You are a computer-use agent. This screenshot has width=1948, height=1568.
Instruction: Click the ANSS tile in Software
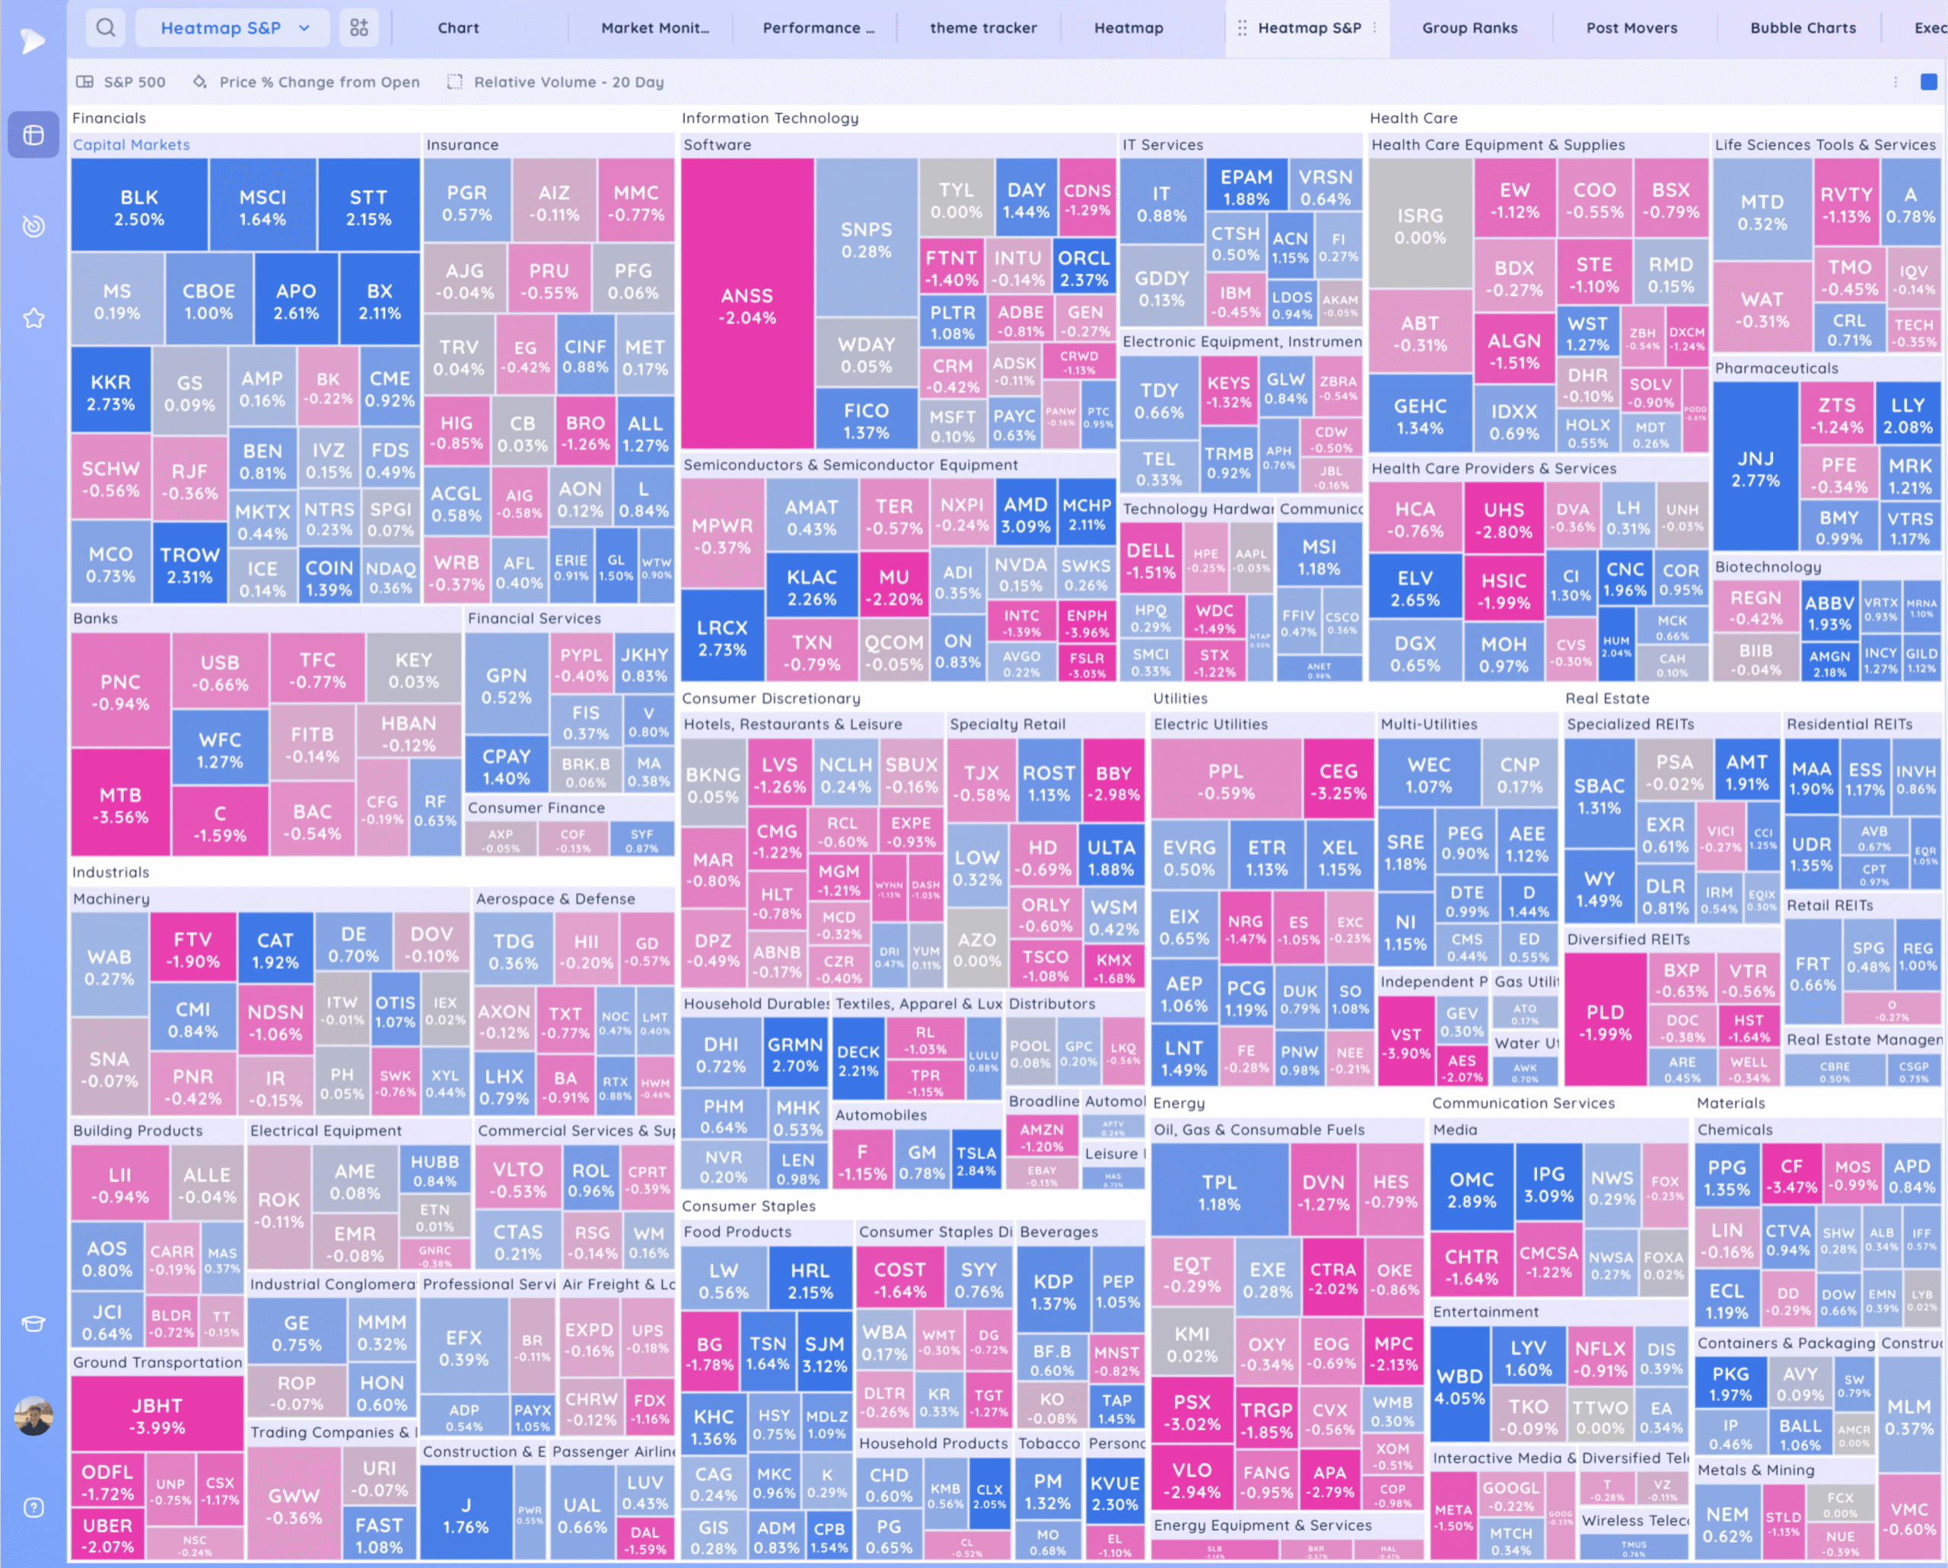click(747, 305)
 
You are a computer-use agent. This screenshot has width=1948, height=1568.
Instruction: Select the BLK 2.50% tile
click(139, 207)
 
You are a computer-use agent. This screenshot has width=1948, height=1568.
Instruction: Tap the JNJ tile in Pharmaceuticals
click(1755, 468)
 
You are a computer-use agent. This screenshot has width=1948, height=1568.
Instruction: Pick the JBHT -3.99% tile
click(158, 1415)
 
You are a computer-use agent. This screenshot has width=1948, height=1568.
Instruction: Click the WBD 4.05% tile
click(1459, 1386)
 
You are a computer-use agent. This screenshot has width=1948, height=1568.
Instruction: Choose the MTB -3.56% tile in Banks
click(120, 805)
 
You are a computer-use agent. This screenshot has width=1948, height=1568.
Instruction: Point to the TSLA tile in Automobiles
click(976, 1161)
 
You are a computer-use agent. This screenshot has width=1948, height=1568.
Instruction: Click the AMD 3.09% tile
click(1026, 515)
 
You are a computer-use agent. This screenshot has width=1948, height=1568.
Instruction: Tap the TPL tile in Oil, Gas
click(1219, 1192)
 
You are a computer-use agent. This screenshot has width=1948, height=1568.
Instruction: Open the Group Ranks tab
click(1469, 28)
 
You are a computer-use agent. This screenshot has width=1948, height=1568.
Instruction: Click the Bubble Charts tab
click(1803, 28)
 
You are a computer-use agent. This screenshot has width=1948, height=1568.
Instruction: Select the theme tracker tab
click(983, 28)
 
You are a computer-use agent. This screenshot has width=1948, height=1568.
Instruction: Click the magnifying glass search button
click(106, 28)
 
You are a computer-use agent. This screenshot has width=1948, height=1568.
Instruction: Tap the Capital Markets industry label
click(131, 145)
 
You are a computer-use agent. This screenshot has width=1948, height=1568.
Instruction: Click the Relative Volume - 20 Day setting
click(568, 82)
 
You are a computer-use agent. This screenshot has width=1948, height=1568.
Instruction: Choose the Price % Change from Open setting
click(318, 82)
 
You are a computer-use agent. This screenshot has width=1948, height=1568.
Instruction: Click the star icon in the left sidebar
click(33, 318)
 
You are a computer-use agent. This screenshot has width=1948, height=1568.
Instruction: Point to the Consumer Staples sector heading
click(748, 1206)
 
